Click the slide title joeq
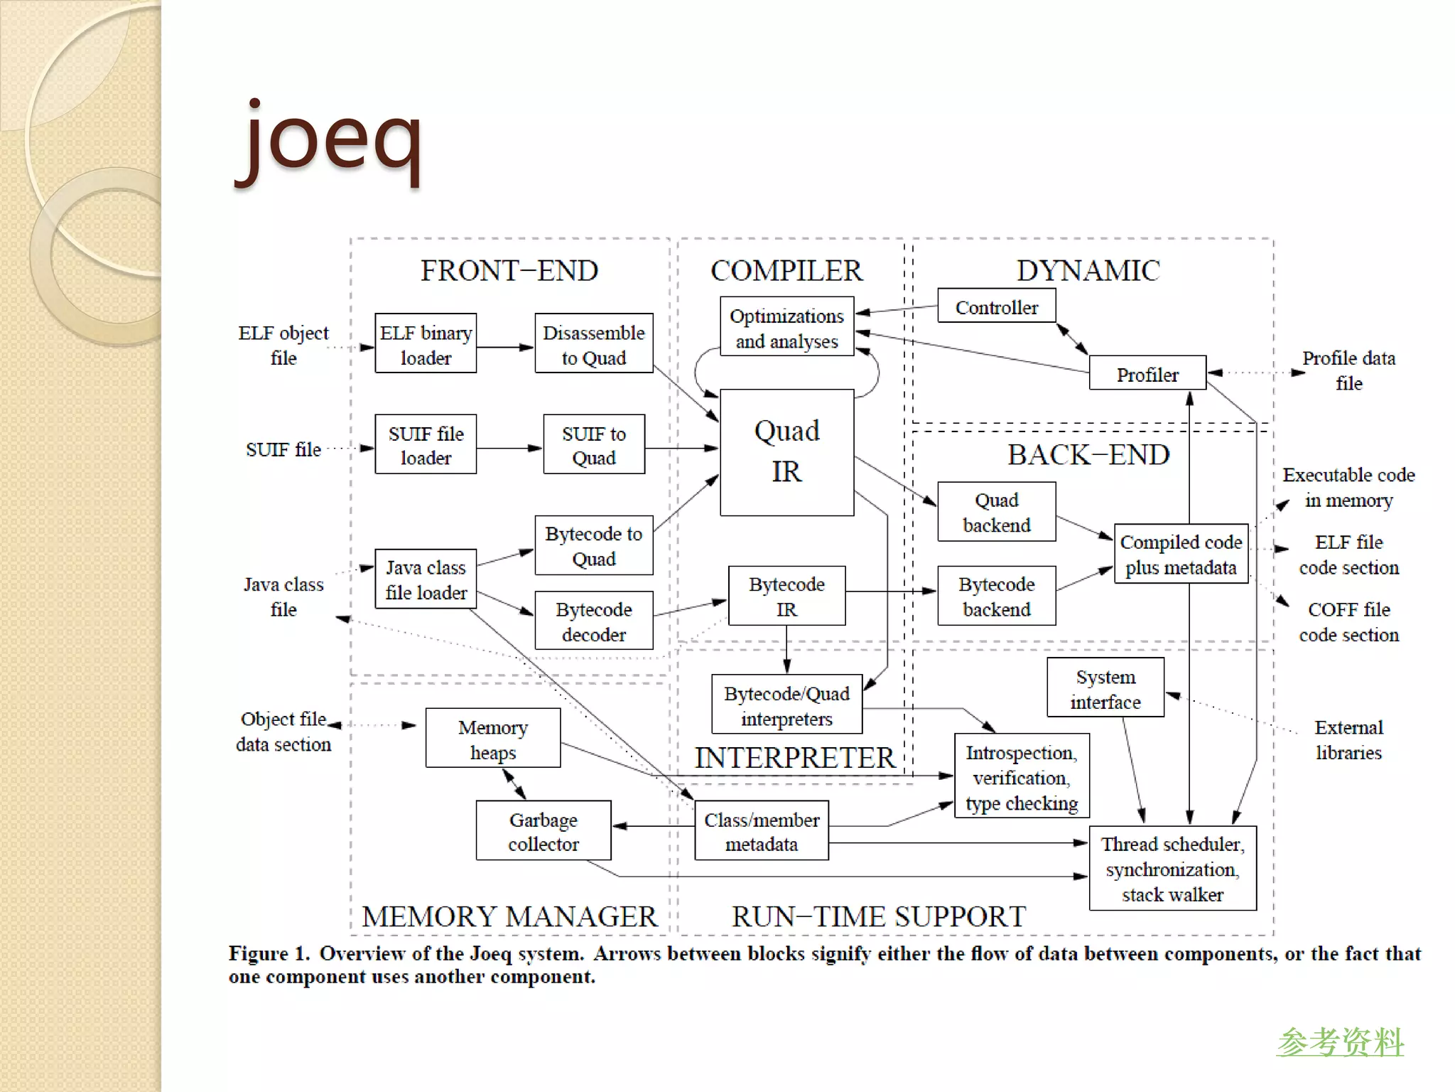[330, 139]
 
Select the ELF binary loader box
[426, 343]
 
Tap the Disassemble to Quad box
[593, 343]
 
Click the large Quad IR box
[786, 452]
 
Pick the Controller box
[996, 306]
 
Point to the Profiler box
[1147, 373]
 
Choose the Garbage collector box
[543, 830]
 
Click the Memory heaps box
[492, 738]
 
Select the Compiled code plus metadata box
[1181, 554]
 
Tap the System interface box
[1105, 687]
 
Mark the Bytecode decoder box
[593, 621]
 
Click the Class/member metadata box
[761, 830]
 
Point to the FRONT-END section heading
[509, 271]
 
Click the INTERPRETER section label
[794, 758]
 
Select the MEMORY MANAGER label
[509, 916]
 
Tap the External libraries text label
[1348, 739]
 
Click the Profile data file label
[1348, 370]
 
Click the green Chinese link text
[1339, 1042]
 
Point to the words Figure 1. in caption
[269, 953]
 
